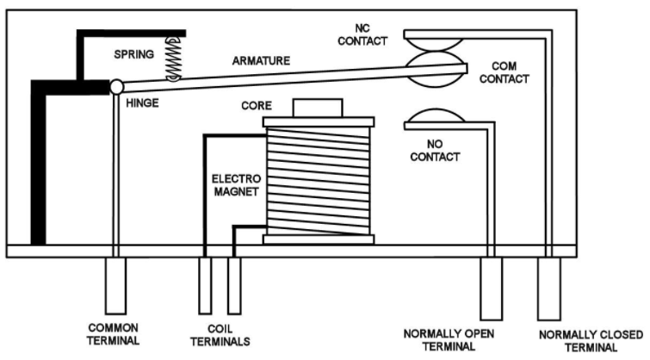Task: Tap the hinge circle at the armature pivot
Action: point(116,86)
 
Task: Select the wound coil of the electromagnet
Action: point(318,180)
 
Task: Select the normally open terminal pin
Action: point(491,286)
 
